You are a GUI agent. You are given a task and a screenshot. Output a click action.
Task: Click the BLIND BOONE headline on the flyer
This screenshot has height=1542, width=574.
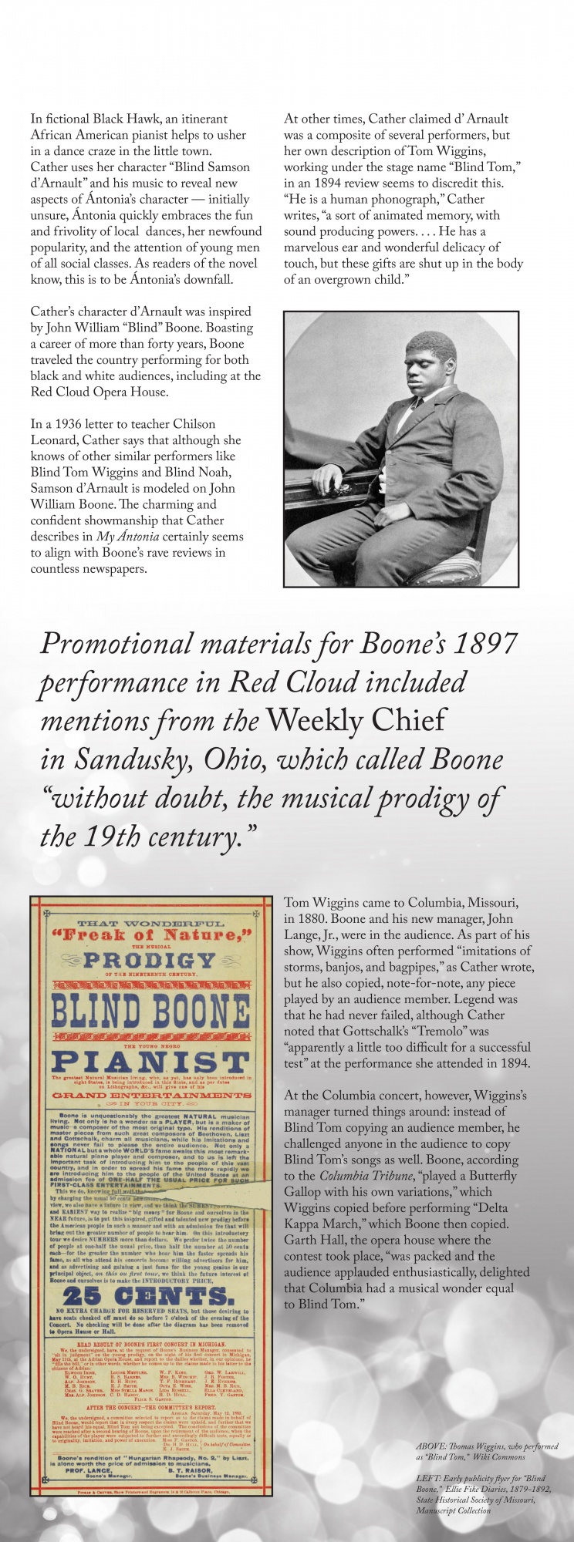click(x=150, y=1011)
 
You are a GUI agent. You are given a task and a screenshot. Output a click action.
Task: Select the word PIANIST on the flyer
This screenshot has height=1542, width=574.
click(x=150, y=1062)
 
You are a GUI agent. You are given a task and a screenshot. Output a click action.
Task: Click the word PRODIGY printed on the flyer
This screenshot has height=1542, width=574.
click(x=150, y=960)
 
